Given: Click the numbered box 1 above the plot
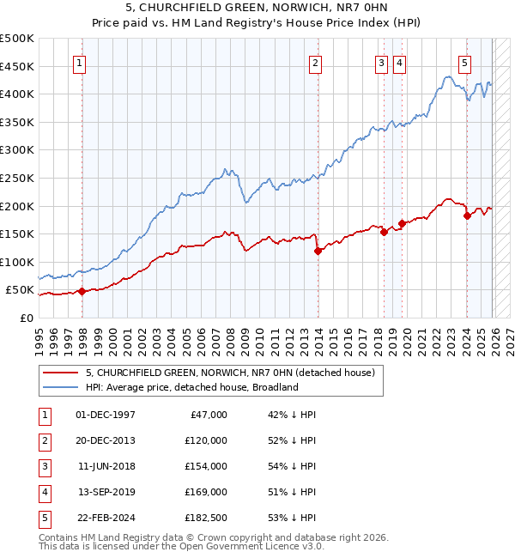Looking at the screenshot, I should pos(79,63).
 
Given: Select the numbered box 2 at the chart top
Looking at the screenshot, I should pos(315,63).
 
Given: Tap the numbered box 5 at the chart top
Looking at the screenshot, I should pos(464,63).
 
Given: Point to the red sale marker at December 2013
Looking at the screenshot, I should pos(318,251).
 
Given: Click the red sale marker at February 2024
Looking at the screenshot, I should pos(467,215).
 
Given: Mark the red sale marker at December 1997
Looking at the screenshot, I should pos(82,291).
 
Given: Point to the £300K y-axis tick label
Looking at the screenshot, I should pos(17,149).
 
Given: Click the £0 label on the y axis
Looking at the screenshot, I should pos(27,318).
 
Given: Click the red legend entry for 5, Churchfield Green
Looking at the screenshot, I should pos(230,373).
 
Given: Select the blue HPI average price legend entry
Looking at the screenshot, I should pos(191,387).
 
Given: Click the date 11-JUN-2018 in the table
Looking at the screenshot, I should pos(106,466).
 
